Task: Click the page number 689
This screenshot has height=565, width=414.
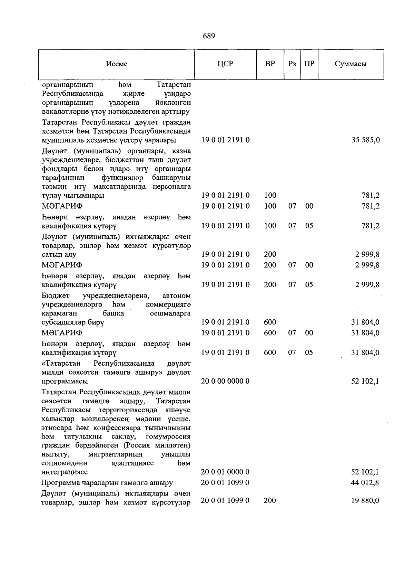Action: tap(209, 36)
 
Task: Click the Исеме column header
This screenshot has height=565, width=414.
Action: tap(117, 64)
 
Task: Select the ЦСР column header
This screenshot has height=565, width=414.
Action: tap(225, 64)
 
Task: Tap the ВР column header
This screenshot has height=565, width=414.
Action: tap(270, 64)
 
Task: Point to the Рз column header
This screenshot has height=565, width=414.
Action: tap(292, 64)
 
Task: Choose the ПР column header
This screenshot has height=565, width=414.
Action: tap(309, 64)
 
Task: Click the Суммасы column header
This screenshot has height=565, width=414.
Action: tap(351, 64)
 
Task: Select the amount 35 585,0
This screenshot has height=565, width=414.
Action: tap(366, 140)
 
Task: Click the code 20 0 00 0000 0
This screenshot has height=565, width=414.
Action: tap(225, 381)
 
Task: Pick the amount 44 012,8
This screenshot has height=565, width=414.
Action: tap(365, 483)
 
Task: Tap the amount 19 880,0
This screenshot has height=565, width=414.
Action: tap(365, 500)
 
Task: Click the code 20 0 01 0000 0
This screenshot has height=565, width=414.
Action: tap(225, 472)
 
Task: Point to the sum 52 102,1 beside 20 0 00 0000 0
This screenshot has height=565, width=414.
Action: tap(365, 381)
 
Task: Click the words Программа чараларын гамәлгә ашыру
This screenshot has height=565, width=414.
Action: tap(107, 483)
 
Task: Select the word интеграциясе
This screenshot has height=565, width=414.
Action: tap(65, 472)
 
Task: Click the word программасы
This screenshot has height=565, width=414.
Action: tap(65, 381)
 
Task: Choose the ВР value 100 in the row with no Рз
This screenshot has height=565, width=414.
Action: tap(270, 196)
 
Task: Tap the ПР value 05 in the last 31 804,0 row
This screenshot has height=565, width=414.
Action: tap(309, 352)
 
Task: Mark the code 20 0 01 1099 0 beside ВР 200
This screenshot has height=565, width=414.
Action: tap(225, 500)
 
